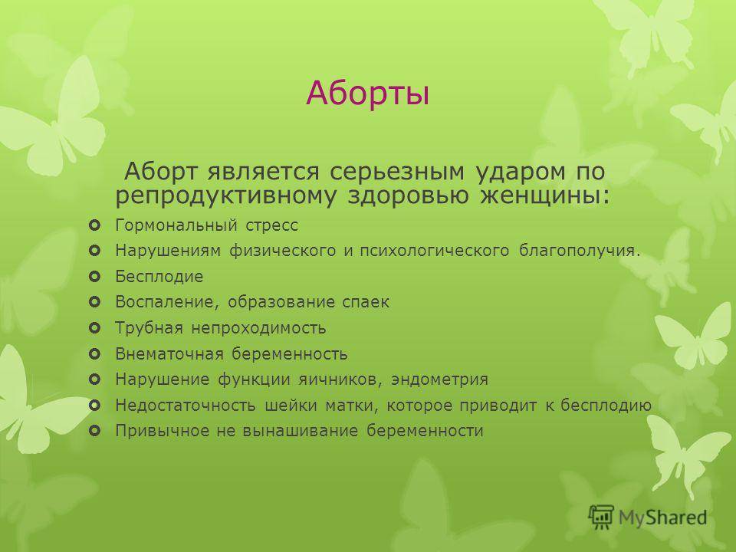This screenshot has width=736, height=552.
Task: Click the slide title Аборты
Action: (367, 94)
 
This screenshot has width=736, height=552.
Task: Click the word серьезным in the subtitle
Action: (396, 172)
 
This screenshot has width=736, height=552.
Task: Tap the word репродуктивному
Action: (225, 196)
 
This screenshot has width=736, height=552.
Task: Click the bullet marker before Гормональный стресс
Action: (94, 225)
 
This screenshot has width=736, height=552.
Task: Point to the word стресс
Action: (271, 225)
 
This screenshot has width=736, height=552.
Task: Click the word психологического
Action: (435, 251)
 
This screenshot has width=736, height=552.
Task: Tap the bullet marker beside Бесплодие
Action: (94, 277)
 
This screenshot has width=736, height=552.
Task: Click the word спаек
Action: (366, 302)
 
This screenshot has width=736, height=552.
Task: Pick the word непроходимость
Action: (258, 328)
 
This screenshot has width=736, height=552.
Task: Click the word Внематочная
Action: (169, 353)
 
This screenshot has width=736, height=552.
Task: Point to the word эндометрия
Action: (439, 379)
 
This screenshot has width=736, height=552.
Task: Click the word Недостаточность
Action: (186, 405)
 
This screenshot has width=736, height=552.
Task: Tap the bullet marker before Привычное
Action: (94, 430)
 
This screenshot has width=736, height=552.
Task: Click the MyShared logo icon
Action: (601, 517)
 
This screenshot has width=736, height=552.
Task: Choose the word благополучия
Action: (580, 251)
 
